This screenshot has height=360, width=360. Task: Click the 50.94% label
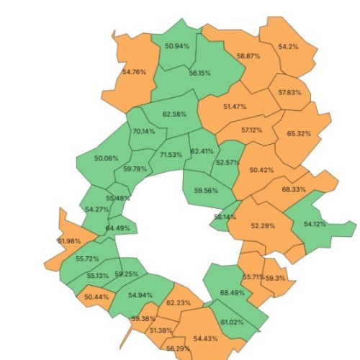tap(177, 46)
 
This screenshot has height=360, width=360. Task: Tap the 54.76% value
tap(135, 72)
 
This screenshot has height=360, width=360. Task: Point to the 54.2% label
tap(288, 47)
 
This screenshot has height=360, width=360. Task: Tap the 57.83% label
tap(289, 93)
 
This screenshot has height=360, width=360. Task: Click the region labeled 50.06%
tap(107, 158)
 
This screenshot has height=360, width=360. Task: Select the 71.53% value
tap(171, 155)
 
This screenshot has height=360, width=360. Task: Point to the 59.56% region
tap(206, 191)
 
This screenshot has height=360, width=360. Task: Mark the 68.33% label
tap(294, 189)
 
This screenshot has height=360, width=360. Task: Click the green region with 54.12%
tap(315, 224)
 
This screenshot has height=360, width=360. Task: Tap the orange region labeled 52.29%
tap(263, 226)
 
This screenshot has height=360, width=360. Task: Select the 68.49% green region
tap(233, 292)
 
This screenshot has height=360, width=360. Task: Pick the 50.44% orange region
tap(96, 297)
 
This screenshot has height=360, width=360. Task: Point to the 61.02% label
tap(232, 322)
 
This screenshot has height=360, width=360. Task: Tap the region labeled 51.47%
tap(235, 107)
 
